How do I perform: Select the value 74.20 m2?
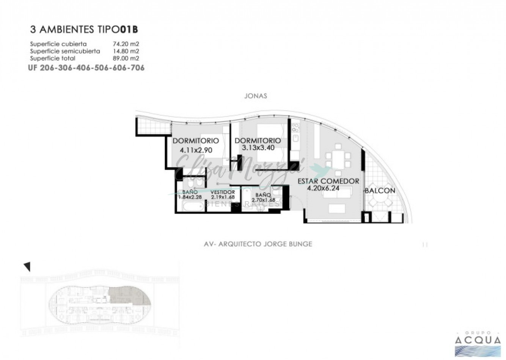(x=126, y=44)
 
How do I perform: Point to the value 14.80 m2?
(x=126, y=51)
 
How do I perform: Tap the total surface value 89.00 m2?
(x=126, y=58)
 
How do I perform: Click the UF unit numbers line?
(x=86, y=68)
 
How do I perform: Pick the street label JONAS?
(x=256, y=96)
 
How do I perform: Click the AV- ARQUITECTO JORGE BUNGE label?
(x=258, y=244)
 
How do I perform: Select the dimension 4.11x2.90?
(x=196, y=150)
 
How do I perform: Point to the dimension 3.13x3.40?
(x=258, y=148)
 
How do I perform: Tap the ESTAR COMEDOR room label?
(x=328, y=181)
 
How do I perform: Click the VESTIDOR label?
(x=223, y=192)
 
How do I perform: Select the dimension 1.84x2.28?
(x=190, y=197)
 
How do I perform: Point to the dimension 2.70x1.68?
(x=263, y=200)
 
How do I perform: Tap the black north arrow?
(x=27, y=267)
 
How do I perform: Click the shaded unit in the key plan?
(x=129, y=297)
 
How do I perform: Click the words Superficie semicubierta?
(x=65, y=51)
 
